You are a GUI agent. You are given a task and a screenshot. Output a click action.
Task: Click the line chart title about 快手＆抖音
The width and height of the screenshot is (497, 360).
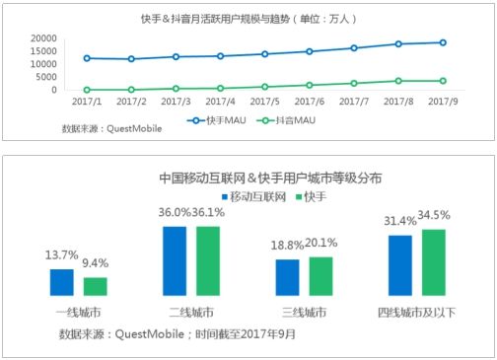tap(248, 19)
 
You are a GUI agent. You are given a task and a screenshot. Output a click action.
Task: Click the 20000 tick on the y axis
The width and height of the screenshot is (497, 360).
tap(42, 37)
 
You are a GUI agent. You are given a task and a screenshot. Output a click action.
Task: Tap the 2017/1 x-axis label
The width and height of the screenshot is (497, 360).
tap(88, 102)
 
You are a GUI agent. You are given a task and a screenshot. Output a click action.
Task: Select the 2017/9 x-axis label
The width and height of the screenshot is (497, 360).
tap(442, 102)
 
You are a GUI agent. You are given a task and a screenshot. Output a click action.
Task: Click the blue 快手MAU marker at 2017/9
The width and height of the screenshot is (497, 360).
tap(442, 42)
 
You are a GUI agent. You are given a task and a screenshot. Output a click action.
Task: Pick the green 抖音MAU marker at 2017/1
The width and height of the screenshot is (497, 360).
tap(88, 90)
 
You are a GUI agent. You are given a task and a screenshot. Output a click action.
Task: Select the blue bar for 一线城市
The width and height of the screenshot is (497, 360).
tap(62, 282)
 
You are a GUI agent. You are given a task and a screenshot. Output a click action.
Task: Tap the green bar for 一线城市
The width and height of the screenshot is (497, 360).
tap(95, 286)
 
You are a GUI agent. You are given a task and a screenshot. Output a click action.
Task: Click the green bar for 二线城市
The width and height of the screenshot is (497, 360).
tap(208, 260)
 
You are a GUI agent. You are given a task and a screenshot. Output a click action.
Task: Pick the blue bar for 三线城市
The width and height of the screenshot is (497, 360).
tap(288, 277)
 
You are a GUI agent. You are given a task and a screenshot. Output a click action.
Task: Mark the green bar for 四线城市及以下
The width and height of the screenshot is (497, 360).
tap(434, 262)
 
